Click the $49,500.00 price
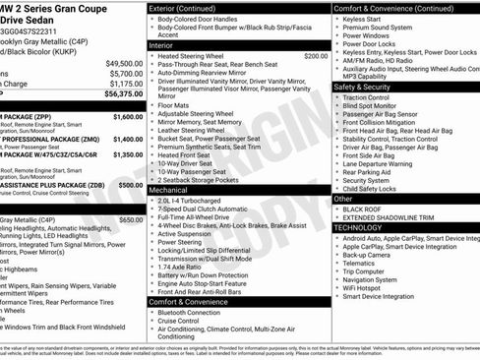click(x=124, y=63)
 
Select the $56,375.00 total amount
click(x=124, y=94)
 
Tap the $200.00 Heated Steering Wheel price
click(x=316, y=57)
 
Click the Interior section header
click(x=161, y=45)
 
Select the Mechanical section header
click(x=169, y=190)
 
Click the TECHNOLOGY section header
click(x=358, y=227)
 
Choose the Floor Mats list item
click(x=174, y=104)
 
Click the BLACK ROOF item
click(x=364, y=209)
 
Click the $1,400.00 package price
click(x=128, y=141)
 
